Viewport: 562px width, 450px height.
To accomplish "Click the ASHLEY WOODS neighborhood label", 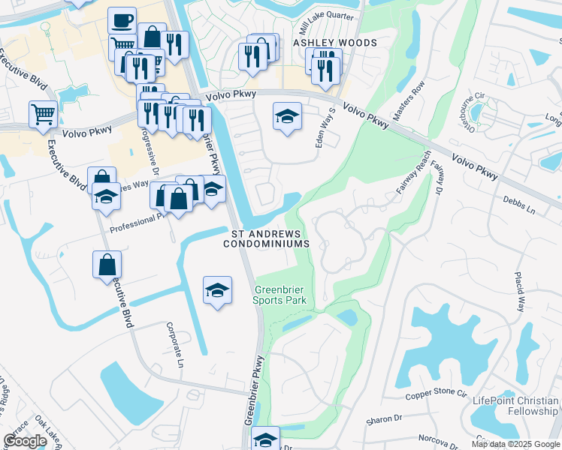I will (x=335, y=43).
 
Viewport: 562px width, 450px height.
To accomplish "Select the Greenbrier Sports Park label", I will (x=280, y=295).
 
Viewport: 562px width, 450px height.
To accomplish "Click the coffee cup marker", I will (x=122, y=21).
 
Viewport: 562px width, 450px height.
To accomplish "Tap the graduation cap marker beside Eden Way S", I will (x=286, y=116).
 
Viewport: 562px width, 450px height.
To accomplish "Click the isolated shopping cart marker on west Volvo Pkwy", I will (x=43, y=114).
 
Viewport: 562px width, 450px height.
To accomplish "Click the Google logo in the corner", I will (x=25, y=441).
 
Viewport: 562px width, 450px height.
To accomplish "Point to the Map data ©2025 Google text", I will (x=515, y=444).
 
